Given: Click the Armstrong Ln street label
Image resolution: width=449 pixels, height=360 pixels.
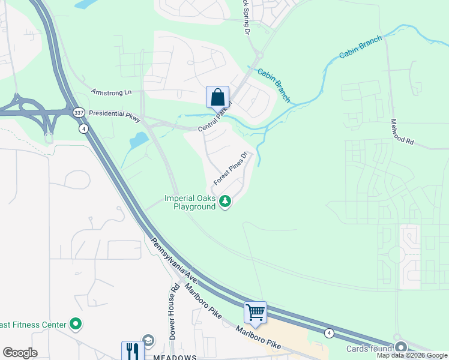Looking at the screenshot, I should (111, 92).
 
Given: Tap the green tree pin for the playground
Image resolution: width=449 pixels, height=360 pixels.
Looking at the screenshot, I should (226, 202).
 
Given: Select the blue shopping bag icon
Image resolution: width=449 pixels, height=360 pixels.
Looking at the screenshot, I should (217, 97).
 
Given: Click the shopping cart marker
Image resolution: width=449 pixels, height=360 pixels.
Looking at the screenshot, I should (255, 313).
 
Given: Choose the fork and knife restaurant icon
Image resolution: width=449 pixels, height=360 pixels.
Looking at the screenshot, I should (132, 351).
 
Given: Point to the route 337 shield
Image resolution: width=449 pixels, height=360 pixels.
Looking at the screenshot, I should (79, 113).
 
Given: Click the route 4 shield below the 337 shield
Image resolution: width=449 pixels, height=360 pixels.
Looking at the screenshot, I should (83, 128).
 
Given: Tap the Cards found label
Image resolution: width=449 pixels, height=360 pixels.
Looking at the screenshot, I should (369, 349).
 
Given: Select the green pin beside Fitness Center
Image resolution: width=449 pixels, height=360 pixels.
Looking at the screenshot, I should (76, 325).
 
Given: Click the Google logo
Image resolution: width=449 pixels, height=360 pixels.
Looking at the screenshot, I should (20, 353).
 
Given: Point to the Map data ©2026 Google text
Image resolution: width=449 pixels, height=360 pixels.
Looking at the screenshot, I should (412, 355).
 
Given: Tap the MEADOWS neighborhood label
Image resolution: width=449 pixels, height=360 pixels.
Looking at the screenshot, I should (174, 356).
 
